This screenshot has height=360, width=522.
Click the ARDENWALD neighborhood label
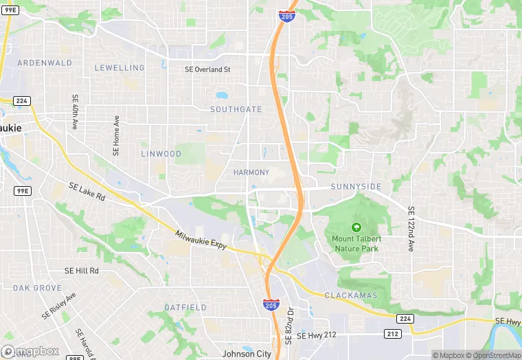44,63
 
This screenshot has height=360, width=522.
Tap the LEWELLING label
120,68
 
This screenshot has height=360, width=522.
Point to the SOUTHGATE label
236,109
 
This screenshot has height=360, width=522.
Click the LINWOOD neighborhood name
161,154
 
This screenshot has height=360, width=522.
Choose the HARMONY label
251,172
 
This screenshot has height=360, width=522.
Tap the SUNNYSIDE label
356,187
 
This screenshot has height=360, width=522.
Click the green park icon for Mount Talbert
356,227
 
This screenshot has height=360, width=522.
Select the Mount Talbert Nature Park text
356,244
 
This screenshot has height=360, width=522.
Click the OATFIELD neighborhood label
185,307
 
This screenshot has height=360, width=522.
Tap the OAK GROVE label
37,288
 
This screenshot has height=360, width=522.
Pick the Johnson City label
247,355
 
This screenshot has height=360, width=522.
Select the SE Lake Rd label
87,192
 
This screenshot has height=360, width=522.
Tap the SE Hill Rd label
82,271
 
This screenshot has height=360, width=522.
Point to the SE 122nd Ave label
411,229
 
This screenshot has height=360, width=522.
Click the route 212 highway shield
392,334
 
